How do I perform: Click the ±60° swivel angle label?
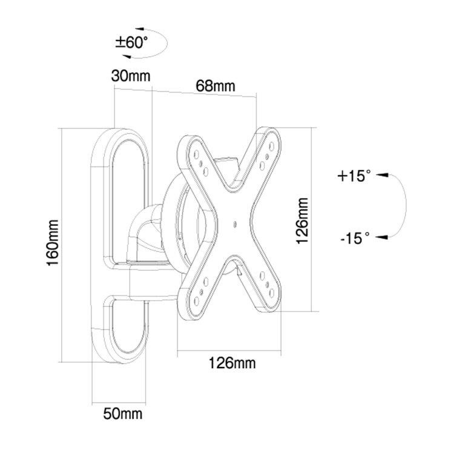pos(131,42)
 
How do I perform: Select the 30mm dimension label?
pos(131,76)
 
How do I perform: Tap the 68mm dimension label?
pos(216,86)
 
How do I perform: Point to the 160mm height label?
pos(53,243)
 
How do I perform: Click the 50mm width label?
pos(123,414)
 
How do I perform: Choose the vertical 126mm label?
pos(303,221)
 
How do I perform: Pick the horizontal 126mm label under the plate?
pos(232,363)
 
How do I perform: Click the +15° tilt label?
pos(354,176)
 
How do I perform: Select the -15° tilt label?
pos(355,239)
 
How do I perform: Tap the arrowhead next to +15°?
pos(382,175)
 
